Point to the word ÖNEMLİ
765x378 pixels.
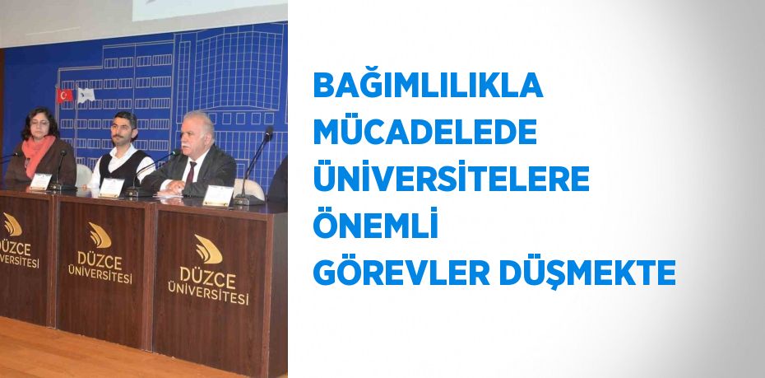(x=375, y=223)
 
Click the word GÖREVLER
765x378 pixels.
(x=401, y=272)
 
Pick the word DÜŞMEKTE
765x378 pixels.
(x=587, y=273)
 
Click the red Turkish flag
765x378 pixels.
(x=64, y=96)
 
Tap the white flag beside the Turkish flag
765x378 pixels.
(x=86, y=95)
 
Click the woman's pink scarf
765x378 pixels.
(x=37, y=152)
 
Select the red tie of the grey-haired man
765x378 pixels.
(x=190, y=173)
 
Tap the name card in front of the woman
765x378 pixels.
(x=40, y=182)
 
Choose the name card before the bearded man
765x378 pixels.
(x=112, y=188)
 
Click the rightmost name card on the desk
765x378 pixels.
(x=218, y=196)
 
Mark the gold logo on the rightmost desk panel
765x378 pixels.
(x=208, y=249)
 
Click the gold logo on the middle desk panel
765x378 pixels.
(x=100, y=236)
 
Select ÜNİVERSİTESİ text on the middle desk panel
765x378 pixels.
(x=100, y=274)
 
